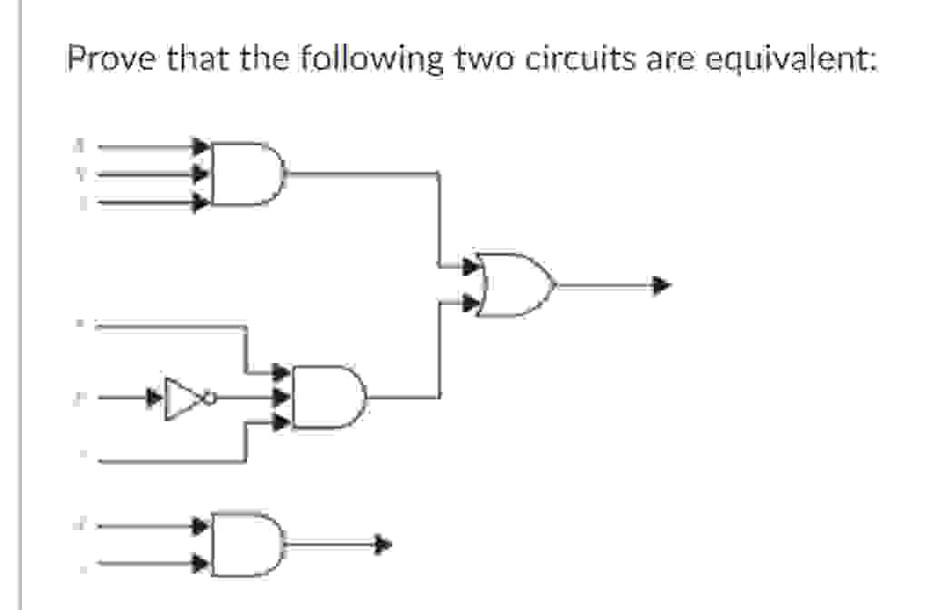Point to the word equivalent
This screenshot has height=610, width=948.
pos(787,60)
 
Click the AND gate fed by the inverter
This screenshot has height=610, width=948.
pos(328,396)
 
